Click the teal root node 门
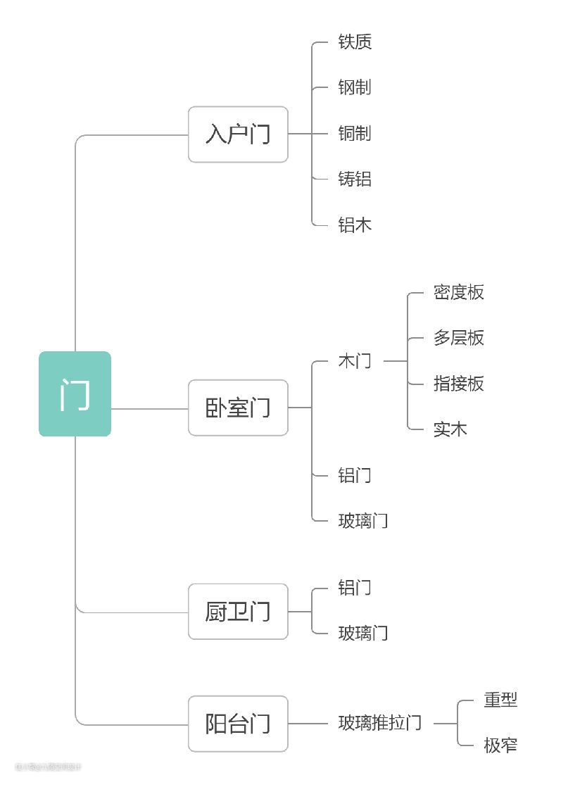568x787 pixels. (x=75, y=393)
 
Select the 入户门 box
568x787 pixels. (x=238, y=134)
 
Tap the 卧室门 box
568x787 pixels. (x=238, y=408)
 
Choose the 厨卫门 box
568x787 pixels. (x=238, y=611)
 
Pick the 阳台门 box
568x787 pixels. (x=238, y=723)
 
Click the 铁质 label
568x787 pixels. (x=355, y=42)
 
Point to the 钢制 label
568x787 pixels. (x=355, y=88)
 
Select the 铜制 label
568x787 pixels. (x=355, y=134)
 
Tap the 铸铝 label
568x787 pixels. (x=355, y=180)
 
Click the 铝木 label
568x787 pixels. (x=355, y=225)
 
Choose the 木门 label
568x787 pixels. (x=355, y=361)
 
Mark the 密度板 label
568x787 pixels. (x=459, y=293)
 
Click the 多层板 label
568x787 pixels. (x=459, y=338)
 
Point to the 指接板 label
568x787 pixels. (x=459, y=384)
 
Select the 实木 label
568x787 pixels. (x=450, y=429)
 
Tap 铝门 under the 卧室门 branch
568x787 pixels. (x=355, y=475)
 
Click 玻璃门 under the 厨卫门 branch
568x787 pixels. (x=363, y=633)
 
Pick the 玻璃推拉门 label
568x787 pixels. (x=380, y=723)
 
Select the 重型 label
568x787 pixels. (x=500, y=700)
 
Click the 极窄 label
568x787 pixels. (x=500, y=745)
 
